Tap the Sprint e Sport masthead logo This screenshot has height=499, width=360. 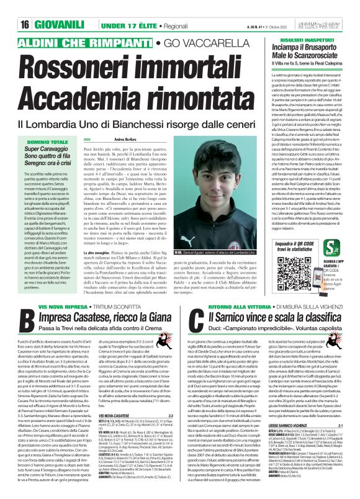click(335, 7)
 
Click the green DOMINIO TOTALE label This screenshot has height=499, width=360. click(42, 126)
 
